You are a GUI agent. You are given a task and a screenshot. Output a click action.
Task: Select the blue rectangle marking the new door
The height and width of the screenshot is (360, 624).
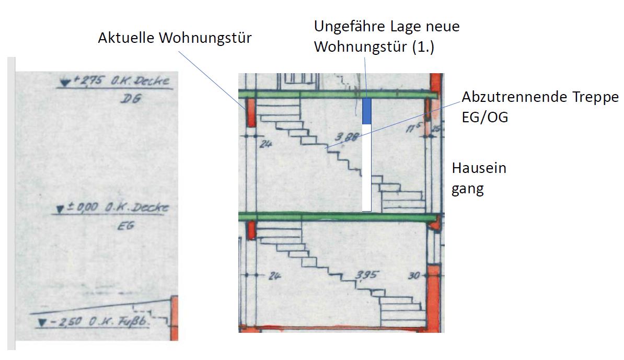point(367,110)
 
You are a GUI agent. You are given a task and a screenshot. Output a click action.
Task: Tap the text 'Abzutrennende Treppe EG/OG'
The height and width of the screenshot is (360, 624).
point(540,107)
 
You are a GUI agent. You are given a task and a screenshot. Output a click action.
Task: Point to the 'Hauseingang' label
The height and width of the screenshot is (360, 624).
point(479,178)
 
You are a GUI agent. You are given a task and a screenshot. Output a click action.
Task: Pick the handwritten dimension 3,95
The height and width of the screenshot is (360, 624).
point(367,275)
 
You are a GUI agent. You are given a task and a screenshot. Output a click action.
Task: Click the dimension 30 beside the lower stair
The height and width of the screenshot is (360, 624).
point(413,275)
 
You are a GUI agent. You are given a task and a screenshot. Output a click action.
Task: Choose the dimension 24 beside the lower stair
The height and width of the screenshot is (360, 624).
point(273,275)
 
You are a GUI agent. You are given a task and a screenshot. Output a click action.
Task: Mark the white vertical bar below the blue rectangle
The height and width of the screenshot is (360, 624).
point(367,167)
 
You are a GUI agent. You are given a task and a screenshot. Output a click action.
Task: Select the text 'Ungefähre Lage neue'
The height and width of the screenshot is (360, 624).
point(386,26)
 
